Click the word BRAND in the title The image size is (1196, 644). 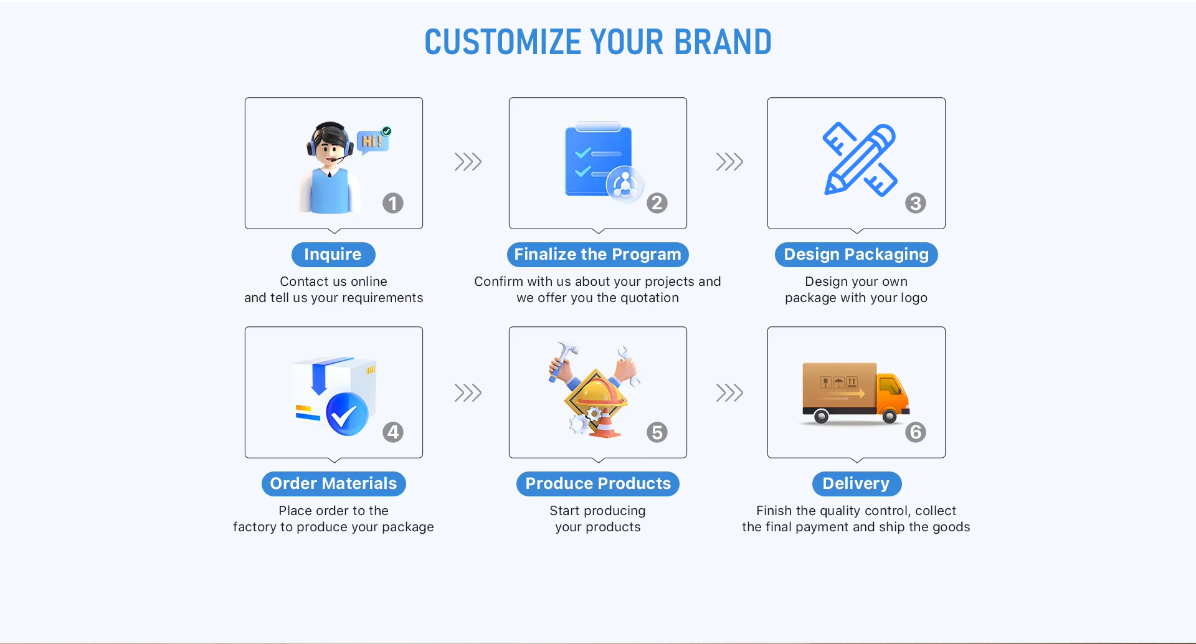723,42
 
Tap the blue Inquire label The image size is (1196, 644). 333,255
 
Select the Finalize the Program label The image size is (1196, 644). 598,255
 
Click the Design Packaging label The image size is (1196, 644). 857,255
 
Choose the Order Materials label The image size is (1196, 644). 334,484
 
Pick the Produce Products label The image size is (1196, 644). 598,484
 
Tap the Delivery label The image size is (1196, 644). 857,484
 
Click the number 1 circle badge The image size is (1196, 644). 393,203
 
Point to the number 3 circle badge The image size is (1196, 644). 916,203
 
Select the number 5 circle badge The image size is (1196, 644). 657,432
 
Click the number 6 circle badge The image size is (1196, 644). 916,432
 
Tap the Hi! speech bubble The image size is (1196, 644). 373,141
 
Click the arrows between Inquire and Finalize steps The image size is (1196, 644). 468,162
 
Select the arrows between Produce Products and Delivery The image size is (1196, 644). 730,393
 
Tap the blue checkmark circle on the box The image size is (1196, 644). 347,414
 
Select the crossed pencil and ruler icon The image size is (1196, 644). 860,159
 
